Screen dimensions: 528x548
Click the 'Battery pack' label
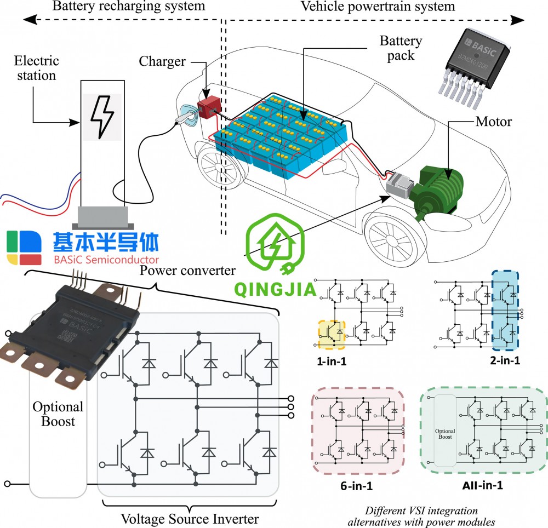point(401,48)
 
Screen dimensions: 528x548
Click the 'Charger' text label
point(162,61)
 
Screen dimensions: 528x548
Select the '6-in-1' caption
point(357,485)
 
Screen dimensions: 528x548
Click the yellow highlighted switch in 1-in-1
point(332,334)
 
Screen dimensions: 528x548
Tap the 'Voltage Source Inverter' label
point(190,518)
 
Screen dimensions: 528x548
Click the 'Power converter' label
point(188,271)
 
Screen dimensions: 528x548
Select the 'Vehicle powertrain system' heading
point(378,7)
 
